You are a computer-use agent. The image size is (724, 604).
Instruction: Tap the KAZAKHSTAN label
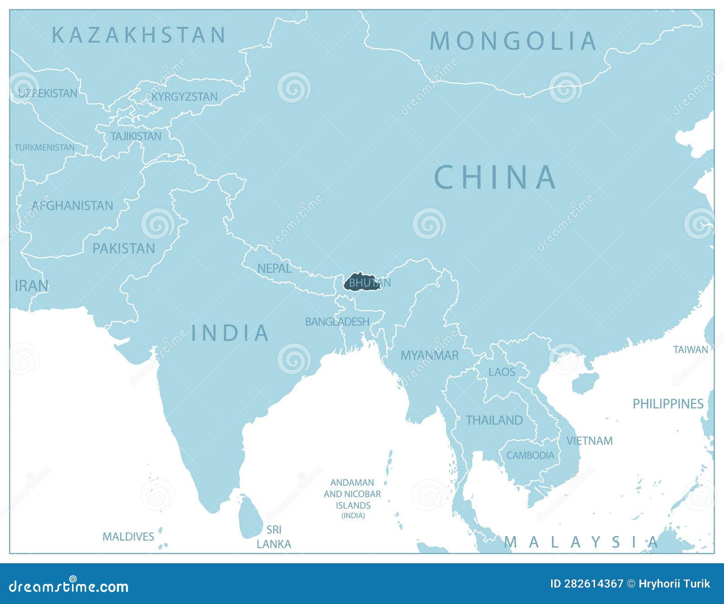tap(139, 35)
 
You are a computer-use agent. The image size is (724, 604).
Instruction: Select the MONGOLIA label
tap(513, 41)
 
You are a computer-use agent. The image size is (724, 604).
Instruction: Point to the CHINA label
tap(495, 177)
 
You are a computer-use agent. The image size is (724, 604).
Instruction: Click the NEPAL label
tap(274, 268)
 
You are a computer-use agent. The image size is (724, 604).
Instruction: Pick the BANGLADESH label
tap(337, 322)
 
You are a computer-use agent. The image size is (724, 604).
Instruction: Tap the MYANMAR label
tap(429, 356)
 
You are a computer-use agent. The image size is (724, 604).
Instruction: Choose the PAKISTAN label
tap(124, 248)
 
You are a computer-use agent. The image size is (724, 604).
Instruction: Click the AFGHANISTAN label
tap(72, 206)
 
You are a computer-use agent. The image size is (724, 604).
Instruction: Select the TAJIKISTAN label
tap(136, 136)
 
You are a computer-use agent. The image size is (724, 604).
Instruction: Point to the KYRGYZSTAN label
tap(185, 97)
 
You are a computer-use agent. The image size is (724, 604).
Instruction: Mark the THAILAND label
tap(494, 420)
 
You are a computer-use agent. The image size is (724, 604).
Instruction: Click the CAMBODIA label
tap(530, 455)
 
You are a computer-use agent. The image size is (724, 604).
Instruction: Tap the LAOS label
tap(502, 372)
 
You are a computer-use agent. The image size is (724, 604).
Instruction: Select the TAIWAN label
tap(691, 349)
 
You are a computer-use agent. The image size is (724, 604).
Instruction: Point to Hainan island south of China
tap(585, 383)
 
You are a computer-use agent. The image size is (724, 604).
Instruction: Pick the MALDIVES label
tap(128, 537)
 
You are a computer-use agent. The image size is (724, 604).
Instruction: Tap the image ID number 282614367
tap(586, 584)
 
